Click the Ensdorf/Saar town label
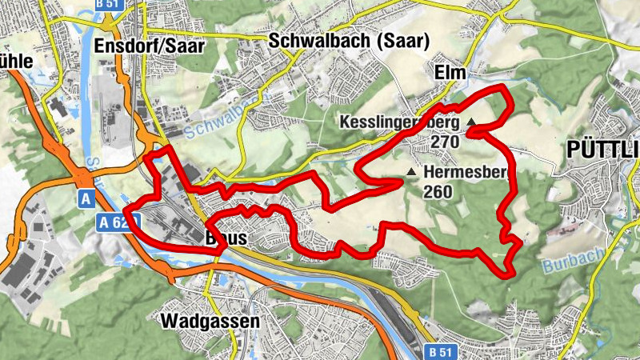tap(149, 45)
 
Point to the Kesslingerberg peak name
tap(399, 122)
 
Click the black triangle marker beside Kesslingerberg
tap(471, 122)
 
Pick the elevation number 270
tap(444, 142)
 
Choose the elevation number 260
tap(439, 191)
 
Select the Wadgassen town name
tap(210, 322)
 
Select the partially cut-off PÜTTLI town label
tap(602, 149)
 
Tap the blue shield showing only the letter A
tap(86, 196)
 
